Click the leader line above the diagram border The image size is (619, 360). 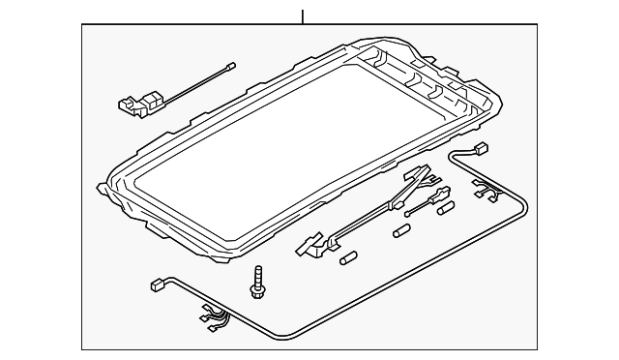click(303, 15)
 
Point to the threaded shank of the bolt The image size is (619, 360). click(258, 272)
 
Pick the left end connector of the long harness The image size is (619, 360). click(157, 286)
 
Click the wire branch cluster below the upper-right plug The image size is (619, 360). click(485, 193)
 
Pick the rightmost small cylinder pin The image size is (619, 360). click(446, 208)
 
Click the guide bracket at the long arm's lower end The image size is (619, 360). click(309, 247)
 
